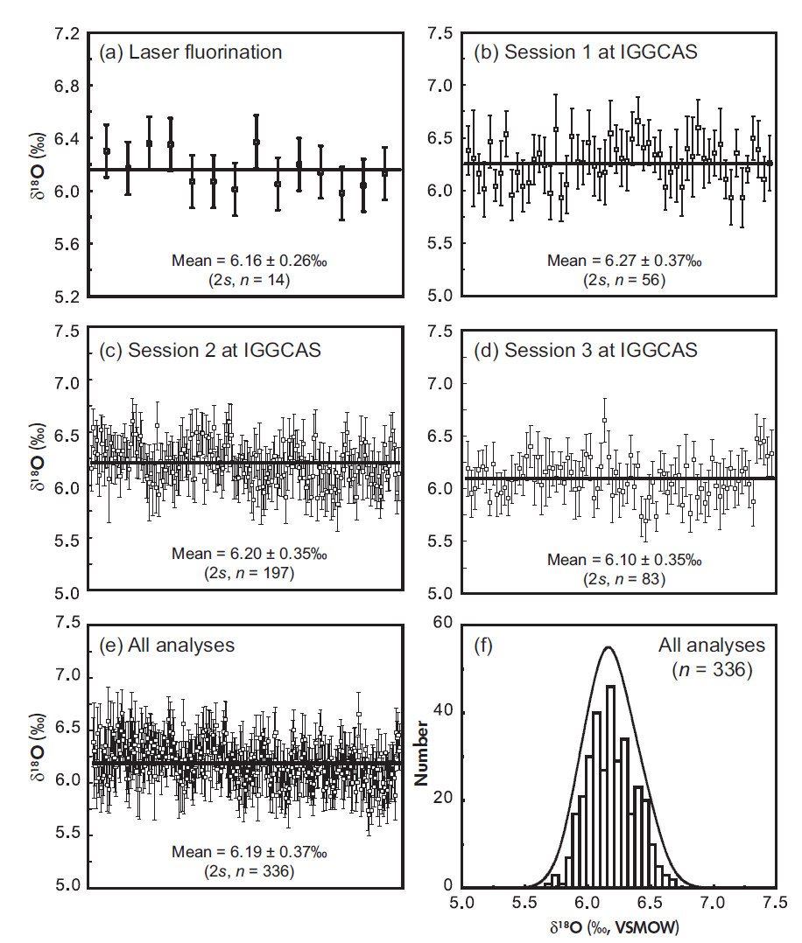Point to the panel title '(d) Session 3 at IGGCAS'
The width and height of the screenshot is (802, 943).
[x=585, y=350]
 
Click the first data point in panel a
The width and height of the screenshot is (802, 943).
[x=107, y=151]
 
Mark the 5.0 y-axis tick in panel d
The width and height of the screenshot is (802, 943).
[x=440, y=592]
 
